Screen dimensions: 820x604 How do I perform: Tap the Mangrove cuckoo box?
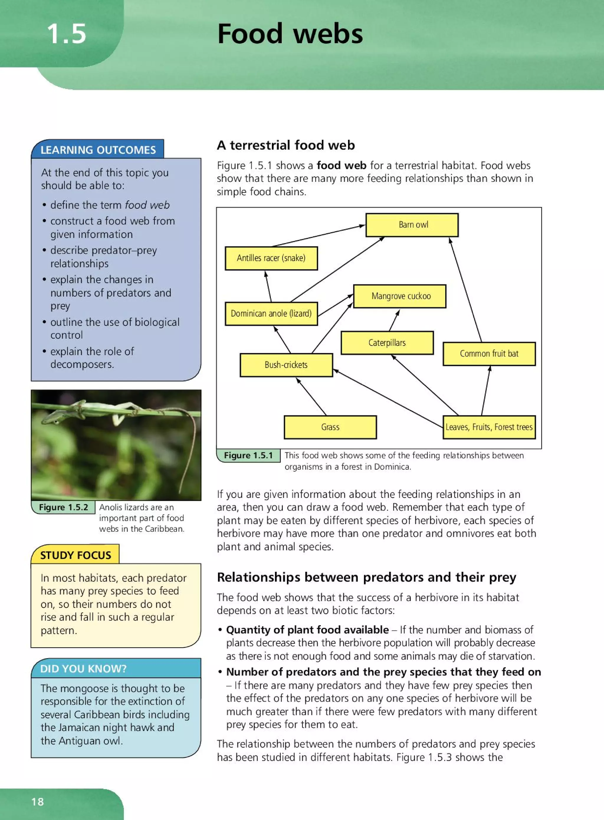pos(400,296)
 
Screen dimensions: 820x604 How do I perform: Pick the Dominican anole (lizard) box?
pos(271,314)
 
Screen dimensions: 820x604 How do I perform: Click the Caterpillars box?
pos(387,343)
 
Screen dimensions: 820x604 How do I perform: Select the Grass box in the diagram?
pos(330,427)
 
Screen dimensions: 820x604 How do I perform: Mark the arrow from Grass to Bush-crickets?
pos(311,397)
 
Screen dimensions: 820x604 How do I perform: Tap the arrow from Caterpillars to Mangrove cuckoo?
pos(394,320)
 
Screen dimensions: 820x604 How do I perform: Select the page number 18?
pos(38,802)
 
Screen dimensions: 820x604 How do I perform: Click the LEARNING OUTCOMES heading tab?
pos(98,150)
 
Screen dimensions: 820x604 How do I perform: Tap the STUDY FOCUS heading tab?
pos(75,555)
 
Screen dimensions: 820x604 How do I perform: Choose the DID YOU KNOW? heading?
pos(83,669)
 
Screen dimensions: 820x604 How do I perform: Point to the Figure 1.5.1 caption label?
pos(248,455)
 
